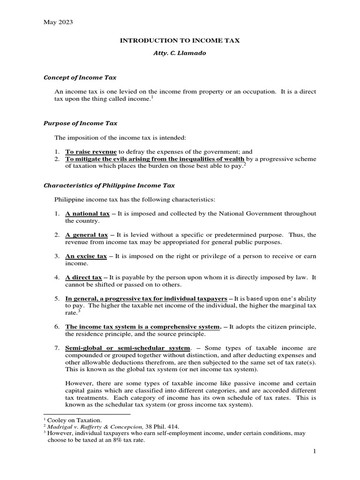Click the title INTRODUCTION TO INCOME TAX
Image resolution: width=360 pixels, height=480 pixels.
180,41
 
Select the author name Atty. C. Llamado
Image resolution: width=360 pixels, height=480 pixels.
180,54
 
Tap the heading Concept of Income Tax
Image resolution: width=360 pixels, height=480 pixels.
80,77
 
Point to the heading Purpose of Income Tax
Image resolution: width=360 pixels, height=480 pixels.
80,123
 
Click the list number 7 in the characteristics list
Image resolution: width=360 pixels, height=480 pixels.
56,348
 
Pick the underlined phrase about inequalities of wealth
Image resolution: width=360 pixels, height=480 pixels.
155,159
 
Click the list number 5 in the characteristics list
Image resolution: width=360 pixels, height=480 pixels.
56,299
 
